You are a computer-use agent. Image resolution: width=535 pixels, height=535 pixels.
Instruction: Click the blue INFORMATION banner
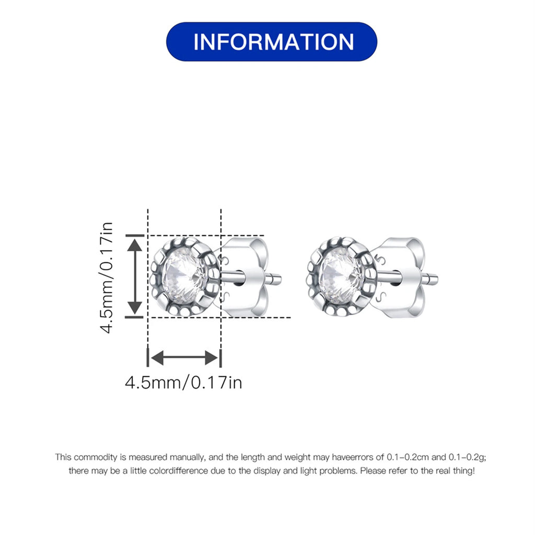pyautogui.click(x=271, y=42)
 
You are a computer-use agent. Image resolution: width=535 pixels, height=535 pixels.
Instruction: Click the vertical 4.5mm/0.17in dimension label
pyautogui.click(x=107, y=277)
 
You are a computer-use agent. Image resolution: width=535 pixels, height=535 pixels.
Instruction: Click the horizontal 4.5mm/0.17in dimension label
pyautogui.click(x=183, y=382)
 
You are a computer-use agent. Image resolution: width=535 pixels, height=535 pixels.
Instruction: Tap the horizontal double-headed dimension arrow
pyautogui.click(x=183, y=358)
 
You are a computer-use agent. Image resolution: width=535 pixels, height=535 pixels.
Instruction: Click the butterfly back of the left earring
pyautogui.click(x=246, y=277)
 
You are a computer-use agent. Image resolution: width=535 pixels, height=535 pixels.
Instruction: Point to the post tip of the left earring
pyautogui.click(x=278, y=279)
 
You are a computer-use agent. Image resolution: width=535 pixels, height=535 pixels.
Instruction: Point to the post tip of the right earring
pyautogui.click(x=434, y=279)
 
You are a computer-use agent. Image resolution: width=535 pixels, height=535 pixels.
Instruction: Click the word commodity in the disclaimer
pyautogui.click(x=93, y=457)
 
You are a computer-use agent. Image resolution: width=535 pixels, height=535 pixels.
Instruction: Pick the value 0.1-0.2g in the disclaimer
pyautogui.click(x=467, y=457)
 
